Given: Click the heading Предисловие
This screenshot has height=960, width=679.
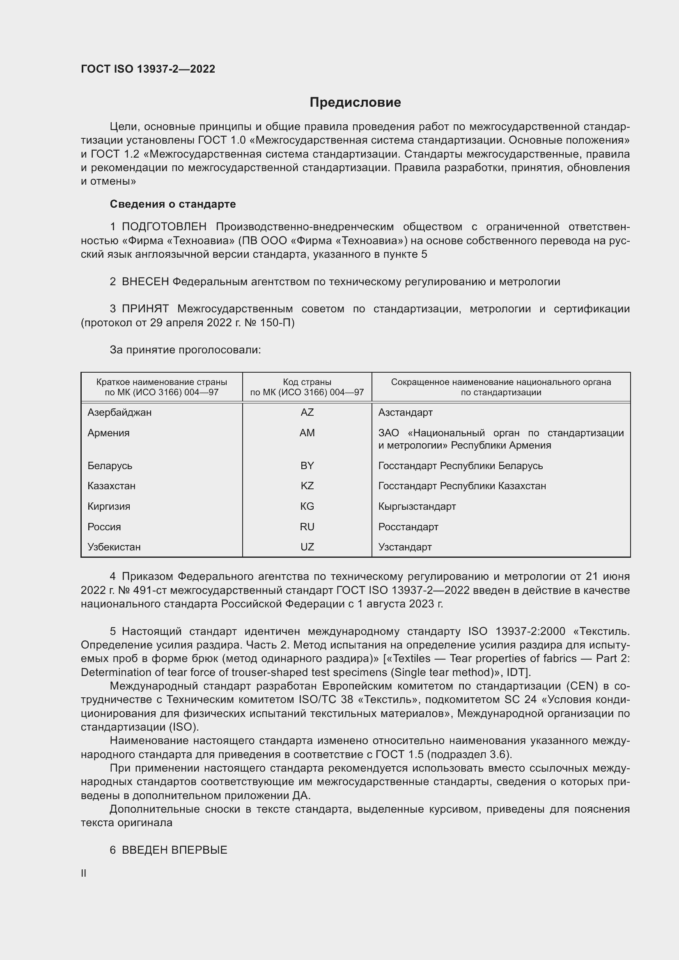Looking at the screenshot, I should (x=355, y=103).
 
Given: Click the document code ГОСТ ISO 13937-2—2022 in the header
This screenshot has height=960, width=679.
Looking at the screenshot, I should (x=148, y=69).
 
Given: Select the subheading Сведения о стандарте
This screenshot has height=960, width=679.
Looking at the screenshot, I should (x=173, y=204).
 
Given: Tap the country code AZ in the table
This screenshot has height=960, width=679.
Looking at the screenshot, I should (x=307, y=412).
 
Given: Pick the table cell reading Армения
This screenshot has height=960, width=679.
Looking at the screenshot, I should (x=108, y=433).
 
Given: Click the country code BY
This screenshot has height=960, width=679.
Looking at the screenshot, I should (x=307, y=465).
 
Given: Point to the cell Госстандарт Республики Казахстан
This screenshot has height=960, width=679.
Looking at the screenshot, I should (x=461, y=486).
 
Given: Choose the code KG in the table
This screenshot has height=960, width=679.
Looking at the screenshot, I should (x=307, y=506).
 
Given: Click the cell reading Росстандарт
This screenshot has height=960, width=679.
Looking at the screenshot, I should (x=408, y=527).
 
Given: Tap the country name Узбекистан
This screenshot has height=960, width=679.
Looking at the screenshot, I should (x=114, y=547).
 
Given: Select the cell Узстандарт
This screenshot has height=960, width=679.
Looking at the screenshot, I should (x=405, y=547).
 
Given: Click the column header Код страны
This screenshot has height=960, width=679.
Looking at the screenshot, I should (x=307, y=382).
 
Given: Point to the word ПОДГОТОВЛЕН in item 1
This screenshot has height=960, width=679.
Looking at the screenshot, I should (x=164, y=227).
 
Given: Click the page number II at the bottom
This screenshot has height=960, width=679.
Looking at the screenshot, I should (x=84, y=873).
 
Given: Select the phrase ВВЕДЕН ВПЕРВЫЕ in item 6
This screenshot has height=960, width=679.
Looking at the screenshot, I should (x=174, y=850).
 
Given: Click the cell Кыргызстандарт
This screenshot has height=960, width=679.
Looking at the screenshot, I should (x=417, y=506).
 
